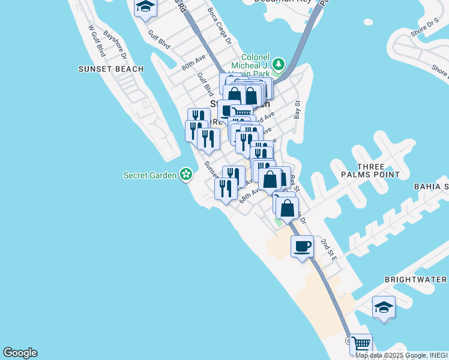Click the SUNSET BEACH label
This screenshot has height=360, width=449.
pyautogui.click(x=111, y=69)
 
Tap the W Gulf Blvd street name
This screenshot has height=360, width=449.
pyautogui.click(x=97, y=41)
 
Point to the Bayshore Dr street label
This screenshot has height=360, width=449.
pyautogui.click(x=116, y=45)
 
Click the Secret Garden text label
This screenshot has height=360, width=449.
pyautogui.click(x=150, y=175)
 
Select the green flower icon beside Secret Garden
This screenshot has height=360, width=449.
pyautogui.click(x=187, y=175)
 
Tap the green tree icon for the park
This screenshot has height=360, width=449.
pyautogui.click(x=278, y=64)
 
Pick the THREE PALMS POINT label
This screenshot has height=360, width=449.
pyautogui.click(x=378, y=170)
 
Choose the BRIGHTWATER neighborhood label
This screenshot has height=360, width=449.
pyautogui.click(x=415, y=280)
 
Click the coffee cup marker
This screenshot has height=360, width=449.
pyautogui.click(x=303, y=246)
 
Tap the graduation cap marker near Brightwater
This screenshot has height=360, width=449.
pyautogui.click(x=384, y=308)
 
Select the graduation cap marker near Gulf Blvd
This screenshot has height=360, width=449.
pyautogui.click(x=145, y=7)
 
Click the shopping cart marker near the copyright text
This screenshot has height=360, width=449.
pyautogui.click(x=361, y=344)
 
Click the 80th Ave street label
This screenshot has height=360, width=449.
pyautogui.click(x=194, y=62)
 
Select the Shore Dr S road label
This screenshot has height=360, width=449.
pyautogui.click(x=424, y=24)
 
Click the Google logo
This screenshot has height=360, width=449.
pyautogui.click(x=20, y=353)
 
